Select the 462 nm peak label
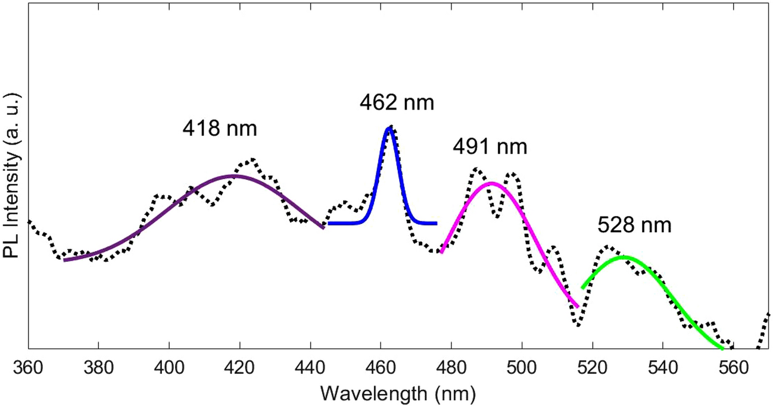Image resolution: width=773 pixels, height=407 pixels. [397, 103]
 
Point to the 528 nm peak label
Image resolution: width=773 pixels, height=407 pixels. [634, 226]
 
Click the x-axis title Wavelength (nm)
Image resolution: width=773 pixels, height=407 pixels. [398, 393]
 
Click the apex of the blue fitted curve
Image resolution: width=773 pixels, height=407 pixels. [389, 129]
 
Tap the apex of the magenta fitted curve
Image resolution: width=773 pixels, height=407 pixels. [491, 183]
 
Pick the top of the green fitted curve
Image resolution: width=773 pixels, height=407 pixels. [623, 257]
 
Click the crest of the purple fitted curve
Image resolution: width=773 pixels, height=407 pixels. [236, 176]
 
